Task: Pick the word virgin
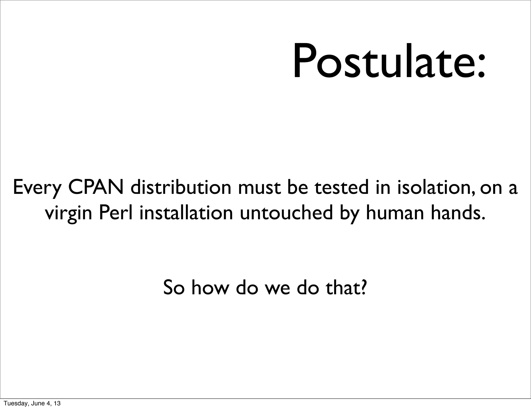click(x=68, y=213)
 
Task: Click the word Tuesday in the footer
click(x=13, y=403)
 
